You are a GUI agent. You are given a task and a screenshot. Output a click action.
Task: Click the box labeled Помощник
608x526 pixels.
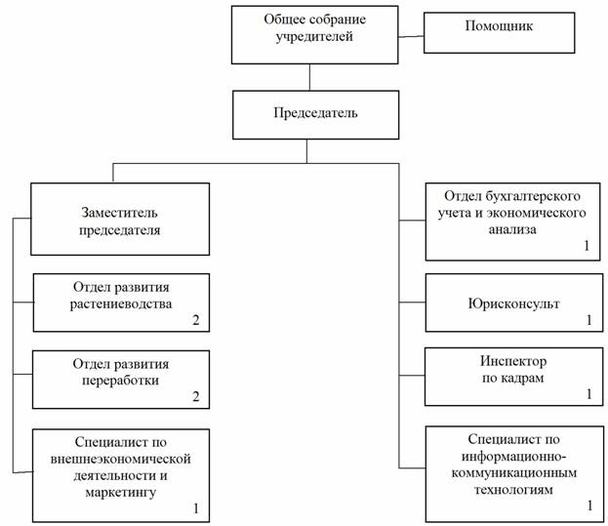pos(499,32)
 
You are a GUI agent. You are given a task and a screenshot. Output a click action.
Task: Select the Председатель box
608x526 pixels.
pos(315,115)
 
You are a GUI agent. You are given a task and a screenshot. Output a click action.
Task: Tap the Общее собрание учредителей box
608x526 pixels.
pos(314,35)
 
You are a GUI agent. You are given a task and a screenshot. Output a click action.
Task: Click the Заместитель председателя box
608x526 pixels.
pos(120,219)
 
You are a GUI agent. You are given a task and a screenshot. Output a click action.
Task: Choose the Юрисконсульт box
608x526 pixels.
pos(514,303)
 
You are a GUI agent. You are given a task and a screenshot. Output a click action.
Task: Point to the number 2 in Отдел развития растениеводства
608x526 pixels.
pos(196,320)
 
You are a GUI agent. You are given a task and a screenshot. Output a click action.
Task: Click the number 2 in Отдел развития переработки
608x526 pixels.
pos(196,396)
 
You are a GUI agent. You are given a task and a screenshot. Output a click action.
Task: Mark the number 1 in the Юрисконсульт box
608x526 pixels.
pos(589,320)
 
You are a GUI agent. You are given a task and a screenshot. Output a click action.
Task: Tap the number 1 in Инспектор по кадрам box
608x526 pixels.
pos(589,394)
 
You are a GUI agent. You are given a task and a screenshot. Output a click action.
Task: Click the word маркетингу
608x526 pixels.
pos(121,493)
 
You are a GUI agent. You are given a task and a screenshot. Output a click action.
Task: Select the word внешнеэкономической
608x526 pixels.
pos(121,459)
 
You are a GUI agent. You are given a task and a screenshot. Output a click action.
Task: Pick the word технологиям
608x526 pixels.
pos(513,490)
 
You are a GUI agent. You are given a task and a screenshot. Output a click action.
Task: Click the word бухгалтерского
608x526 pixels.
pos(532,196)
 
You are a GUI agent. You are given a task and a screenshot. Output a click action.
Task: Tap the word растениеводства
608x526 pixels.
pos(121,303)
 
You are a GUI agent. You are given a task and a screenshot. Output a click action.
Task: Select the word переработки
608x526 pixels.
pos(120,381)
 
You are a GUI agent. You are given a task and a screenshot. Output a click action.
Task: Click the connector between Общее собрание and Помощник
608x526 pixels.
pos(411,37)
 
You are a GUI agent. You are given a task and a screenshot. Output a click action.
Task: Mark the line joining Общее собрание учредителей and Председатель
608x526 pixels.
pos(309,77)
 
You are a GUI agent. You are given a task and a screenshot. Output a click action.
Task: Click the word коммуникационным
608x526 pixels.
pos(514,473)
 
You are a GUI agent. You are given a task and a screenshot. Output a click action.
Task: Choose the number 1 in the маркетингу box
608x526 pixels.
pos(196,508)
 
